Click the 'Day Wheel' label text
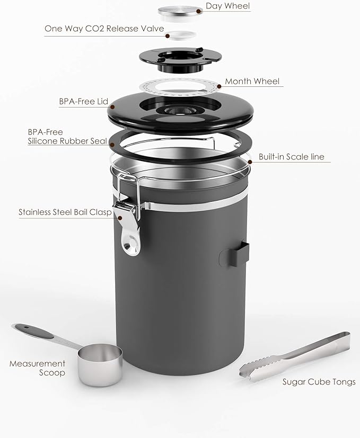tap(227, 7)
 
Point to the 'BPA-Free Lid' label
tap(84, 101)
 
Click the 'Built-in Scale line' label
tap(291, 157)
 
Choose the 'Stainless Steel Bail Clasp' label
tap(65, 212)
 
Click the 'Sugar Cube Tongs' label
tap(319, 382)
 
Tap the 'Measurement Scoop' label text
tap(37, 368)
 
